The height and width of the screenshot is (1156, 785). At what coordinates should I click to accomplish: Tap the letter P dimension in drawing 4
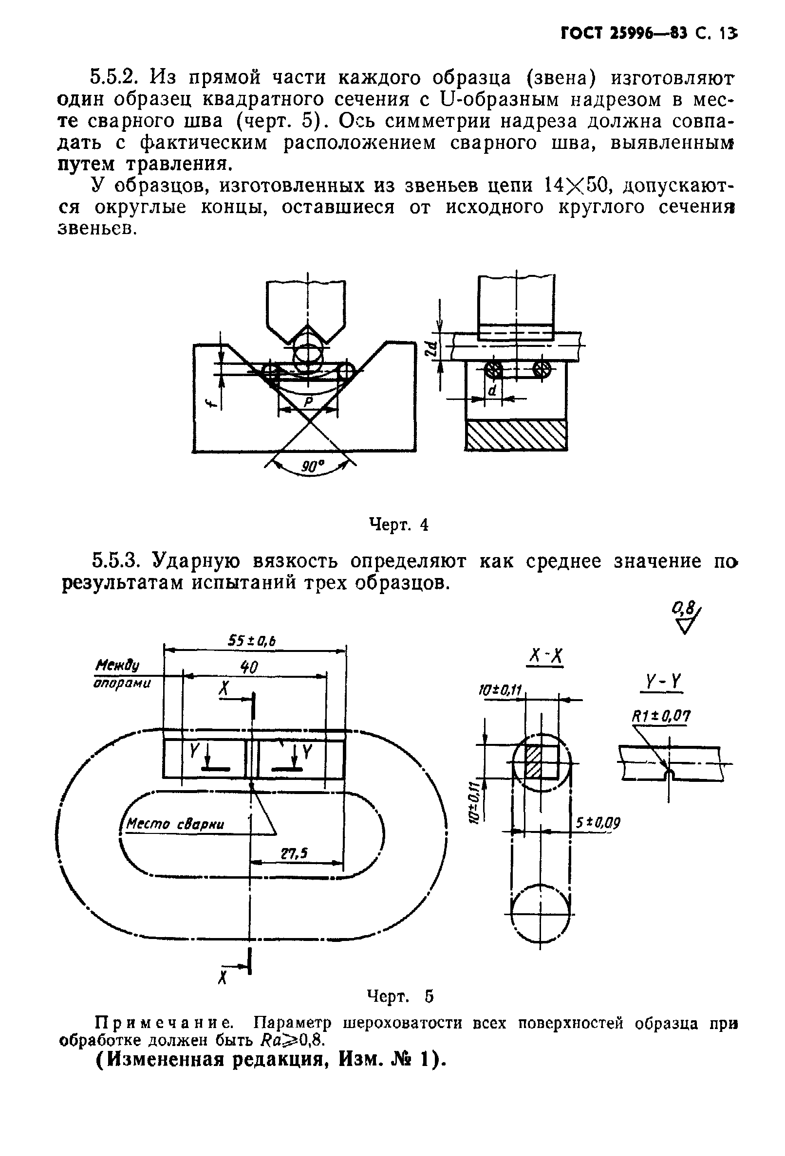[308, 401]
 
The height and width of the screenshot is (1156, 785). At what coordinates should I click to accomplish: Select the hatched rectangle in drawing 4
[516, 435]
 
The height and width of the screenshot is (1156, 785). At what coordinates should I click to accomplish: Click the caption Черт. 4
[398, 524]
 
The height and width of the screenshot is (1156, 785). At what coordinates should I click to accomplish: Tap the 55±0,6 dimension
[252, 641]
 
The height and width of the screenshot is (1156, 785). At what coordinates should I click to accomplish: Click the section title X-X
[545, 658]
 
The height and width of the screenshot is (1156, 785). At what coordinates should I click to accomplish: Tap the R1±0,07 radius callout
[660, 716]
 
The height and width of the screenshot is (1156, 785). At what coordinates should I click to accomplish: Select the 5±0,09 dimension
[598, 823]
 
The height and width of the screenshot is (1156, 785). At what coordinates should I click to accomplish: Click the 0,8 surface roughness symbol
[687, 618]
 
